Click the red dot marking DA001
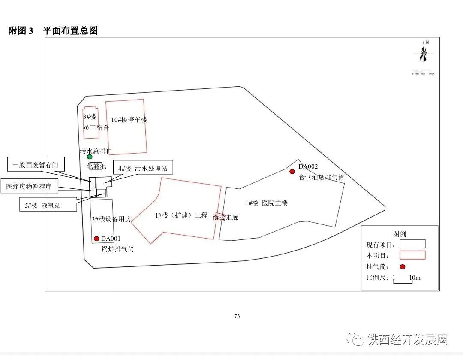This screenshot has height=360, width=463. pos(96,239)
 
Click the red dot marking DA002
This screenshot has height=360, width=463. pos(292,172)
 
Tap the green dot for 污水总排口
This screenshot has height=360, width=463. pos(90,157)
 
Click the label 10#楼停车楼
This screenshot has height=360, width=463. pos(129,120)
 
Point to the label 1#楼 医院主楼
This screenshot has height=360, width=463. pos(266,203)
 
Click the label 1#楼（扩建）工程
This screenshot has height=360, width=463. pos(181,215)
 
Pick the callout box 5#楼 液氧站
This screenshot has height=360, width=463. pos(43,205)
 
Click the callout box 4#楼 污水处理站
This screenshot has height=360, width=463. pos(143,169)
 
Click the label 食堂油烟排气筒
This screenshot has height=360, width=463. pos(321,177)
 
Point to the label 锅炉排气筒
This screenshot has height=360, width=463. pos(117,249)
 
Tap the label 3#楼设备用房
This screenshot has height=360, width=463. pos(111,219)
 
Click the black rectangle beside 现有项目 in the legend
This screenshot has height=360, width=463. pos(412,244)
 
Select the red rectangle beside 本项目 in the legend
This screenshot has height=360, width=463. pos(412,255)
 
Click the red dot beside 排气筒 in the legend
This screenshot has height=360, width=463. pos(403,266)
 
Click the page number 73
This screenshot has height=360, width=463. pos(237,316)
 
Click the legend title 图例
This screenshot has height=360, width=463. pos(399,234)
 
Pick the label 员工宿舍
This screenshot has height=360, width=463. pos(96,128)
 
